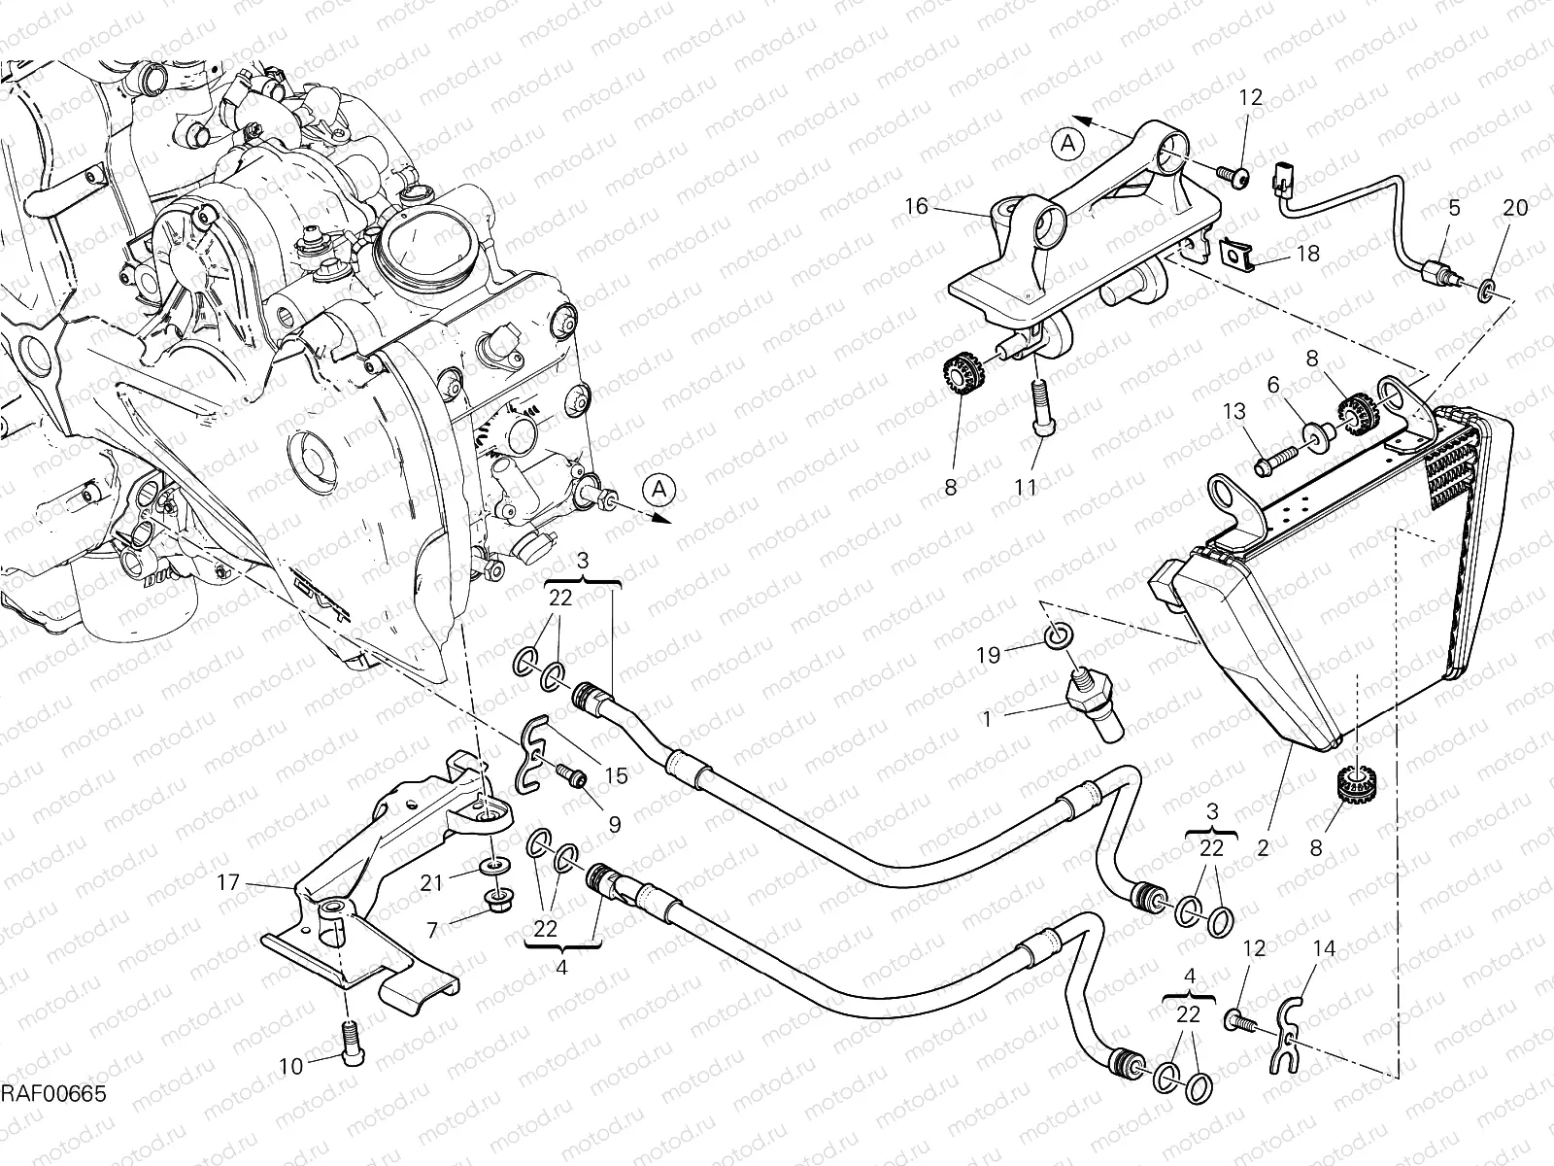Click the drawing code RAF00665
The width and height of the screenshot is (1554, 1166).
pos(52,1095)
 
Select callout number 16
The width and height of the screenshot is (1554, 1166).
pos(917,206)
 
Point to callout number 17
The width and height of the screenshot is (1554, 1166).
pos(228,883)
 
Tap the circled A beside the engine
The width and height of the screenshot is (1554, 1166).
pos(659,491)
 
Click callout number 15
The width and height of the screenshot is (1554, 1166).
pos(616,775)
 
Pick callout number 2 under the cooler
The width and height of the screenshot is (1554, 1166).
pos(1263,847)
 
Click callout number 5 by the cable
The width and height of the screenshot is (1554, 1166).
pos(1454,207)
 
